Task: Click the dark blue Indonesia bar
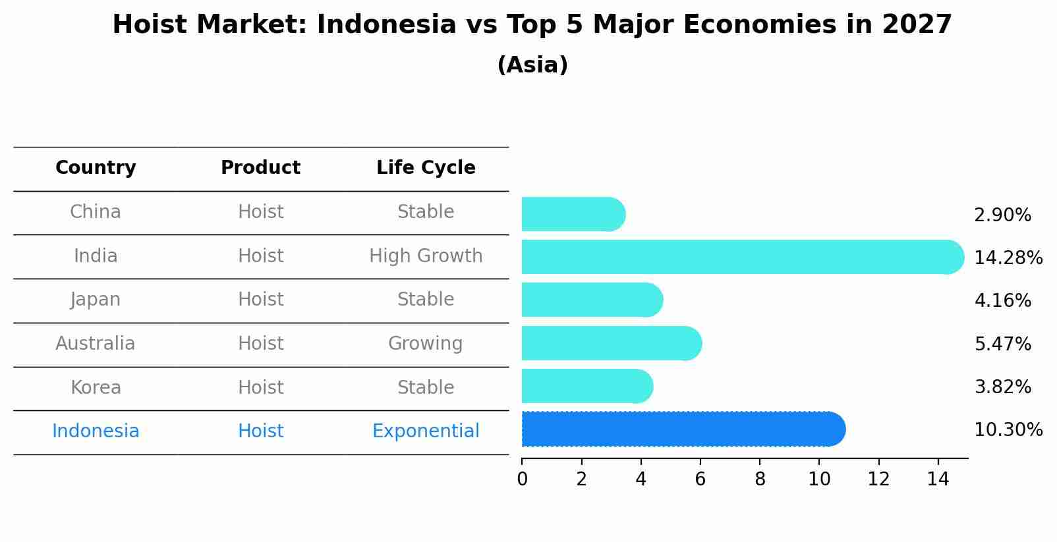[682, 429]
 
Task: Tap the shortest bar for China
[572, 215]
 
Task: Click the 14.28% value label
[1008, 257]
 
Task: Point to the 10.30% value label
[1008, 430]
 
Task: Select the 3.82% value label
[1002, 387]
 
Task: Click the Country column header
[96, 168]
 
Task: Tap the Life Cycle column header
[426, 168]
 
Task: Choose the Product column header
[260, 168]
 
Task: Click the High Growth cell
[426, 256]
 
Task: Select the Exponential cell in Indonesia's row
[426, 431]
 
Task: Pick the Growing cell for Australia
[425, 344]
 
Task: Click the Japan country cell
[96, 300]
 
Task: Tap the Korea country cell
[96, 387]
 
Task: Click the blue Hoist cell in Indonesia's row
[260, 431]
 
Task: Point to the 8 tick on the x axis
[760, 479]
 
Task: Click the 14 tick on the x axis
[938, 479]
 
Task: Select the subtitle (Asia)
[532, 65]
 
